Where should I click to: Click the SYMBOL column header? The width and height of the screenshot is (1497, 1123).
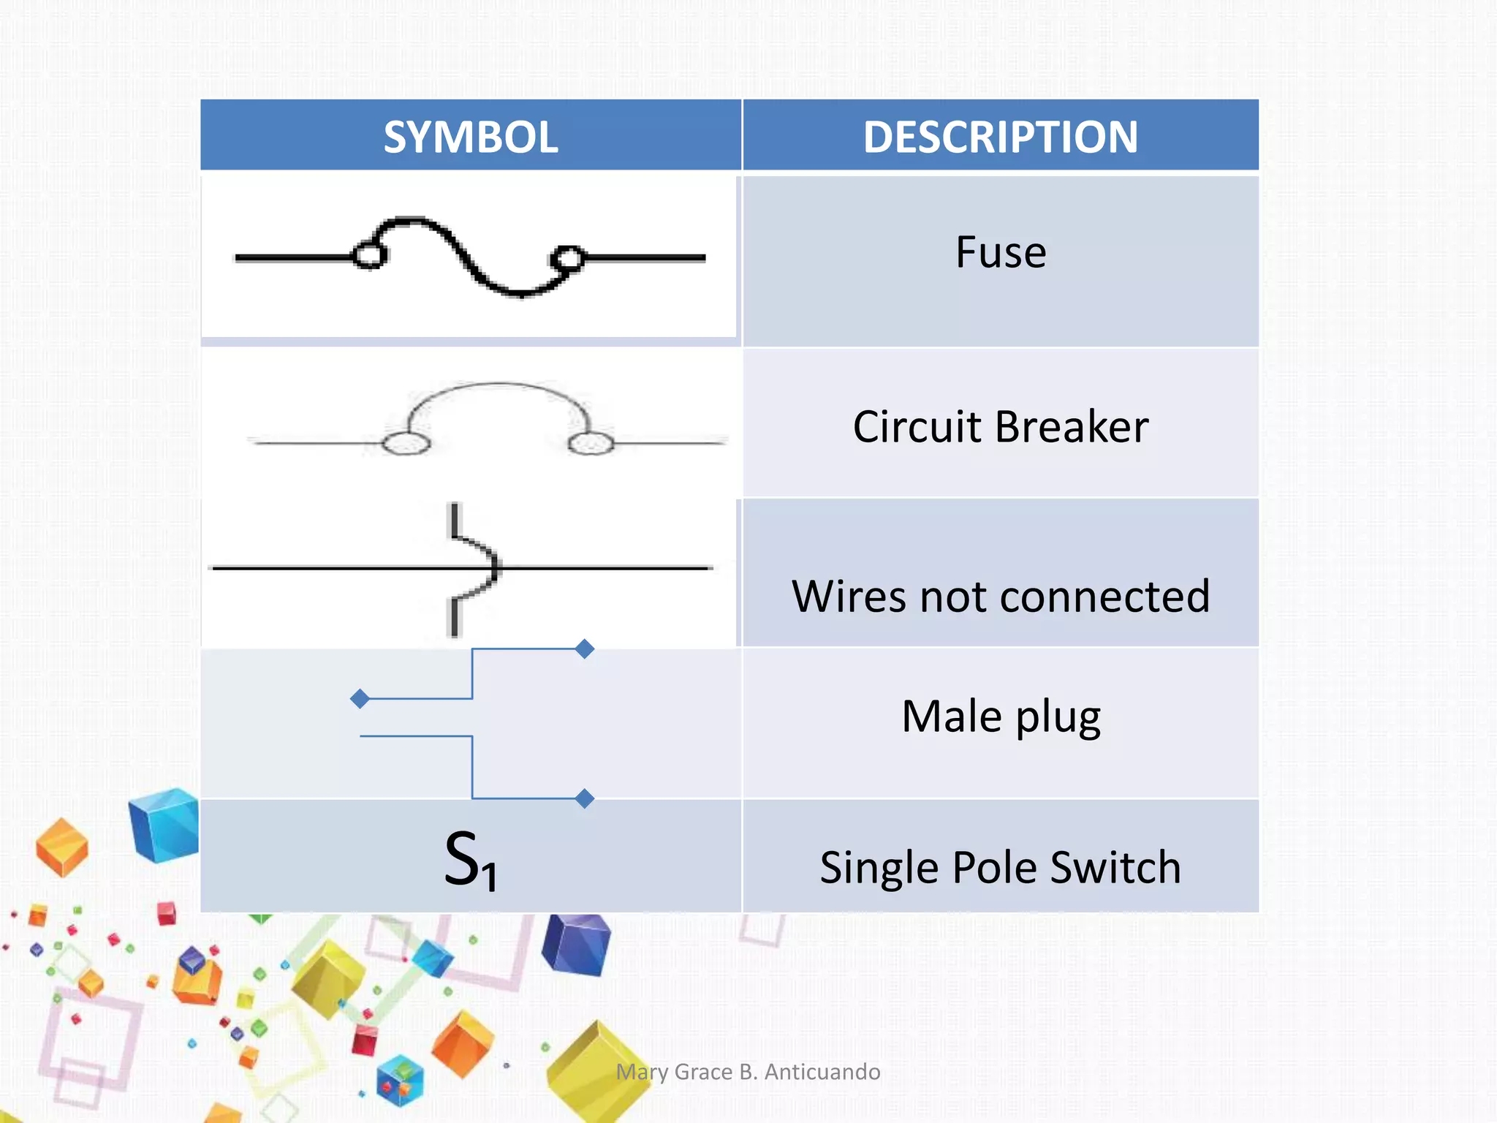tap(471, 137)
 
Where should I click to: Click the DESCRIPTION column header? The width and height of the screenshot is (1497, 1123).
tap(1000, 137)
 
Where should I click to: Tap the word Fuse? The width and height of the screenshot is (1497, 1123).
tap(1001, 252)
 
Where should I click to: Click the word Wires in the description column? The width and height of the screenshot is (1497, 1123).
tap(849, 597)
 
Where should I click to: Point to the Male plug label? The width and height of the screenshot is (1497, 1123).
tap(1001, 716)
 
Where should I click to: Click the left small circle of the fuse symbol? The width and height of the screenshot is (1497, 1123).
tap(369, 256)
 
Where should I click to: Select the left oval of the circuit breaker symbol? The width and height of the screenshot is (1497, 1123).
tap(406, 443)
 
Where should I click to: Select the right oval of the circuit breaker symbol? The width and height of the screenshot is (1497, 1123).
tap(591, 443)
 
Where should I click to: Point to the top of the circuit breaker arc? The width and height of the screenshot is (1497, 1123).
tap(499, 384)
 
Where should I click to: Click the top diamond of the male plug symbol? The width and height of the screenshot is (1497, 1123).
tap(584, 649)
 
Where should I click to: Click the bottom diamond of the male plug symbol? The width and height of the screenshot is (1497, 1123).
tap(584, 798)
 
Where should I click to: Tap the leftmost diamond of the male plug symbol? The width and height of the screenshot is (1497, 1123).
tap(360, 699)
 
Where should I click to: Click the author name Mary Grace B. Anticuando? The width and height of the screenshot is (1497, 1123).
tap(748, 1072)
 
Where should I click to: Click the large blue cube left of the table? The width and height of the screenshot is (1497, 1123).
tap(165, 824)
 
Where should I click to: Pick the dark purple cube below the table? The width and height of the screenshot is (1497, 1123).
tap(577, 945)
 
